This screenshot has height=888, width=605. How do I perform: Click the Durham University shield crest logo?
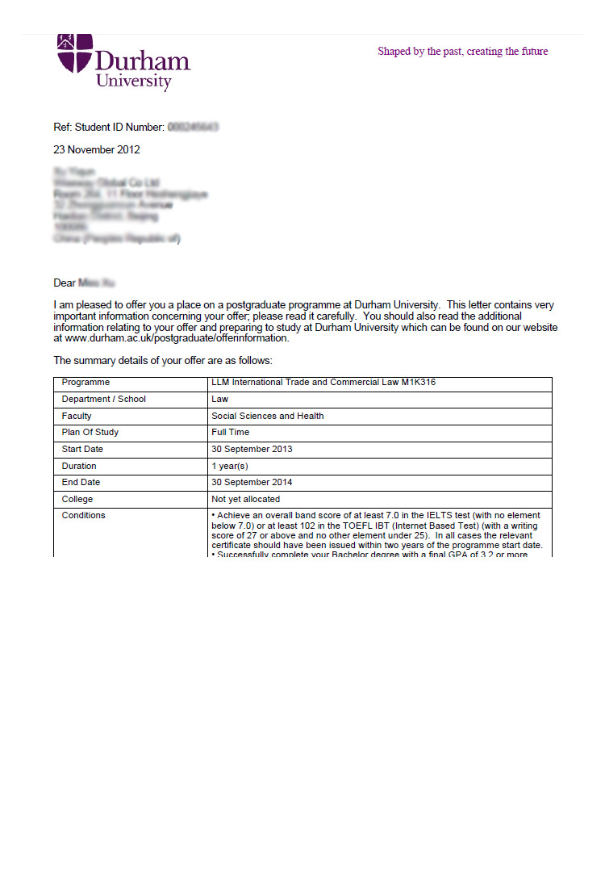[75, 53]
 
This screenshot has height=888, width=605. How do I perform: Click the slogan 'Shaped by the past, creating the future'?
[462, 52]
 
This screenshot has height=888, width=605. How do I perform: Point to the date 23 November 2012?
[97, 150]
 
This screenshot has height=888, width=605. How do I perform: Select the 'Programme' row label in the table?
[86, 383]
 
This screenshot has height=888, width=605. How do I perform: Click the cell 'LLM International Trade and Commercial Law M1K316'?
[323, 383]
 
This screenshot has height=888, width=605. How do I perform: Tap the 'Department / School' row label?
[103, 400]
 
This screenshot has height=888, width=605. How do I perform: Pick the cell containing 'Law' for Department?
[219, 400]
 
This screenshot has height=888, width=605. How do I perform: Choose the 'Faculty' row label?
[77, 417]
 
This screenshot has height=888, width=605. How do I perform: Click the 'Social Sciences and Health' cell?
[267, 417]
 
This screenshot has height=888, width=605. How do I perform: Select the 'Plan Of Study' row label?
[90, 433]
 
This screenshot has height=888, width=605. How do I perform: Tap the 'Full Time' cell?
[231, 433]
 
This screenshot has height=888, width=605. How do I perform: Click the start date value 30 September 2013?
[252, 450]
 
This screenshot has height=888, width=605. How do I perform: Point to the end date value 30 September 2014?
[252, 483]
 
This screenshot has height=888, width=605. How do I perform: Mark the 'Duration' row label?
[79, 467]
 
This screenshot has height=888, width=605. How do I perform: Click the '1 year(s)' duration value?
[229, 467]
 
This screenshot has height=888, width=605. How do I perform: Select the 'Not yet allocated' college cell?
[245, 500]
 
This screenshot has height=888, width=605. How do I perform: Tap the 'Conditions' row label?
[83, 516]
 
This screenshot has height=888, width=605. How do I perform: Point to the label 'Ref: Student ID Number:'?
[109, 128]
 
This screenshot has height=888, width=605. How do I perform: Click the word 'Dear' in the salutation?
[65, 283]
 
